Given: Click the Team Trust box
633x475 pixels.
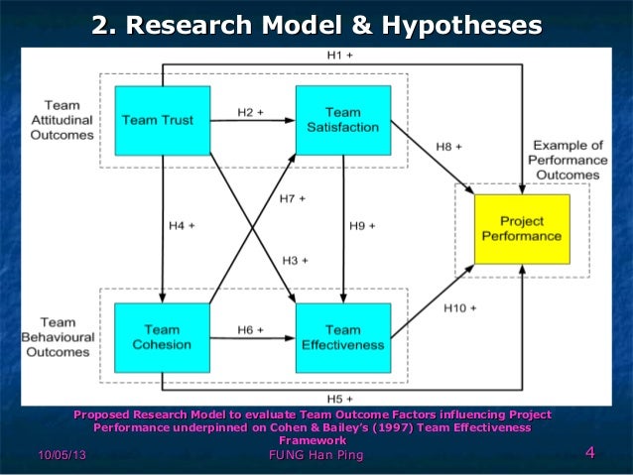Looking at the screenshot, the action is pos(163,120).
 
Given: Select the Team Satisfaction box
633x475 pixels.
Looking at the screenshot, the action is pos(342,120).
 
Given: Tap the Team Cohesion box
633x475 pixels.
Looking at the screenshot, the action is pos(163,337).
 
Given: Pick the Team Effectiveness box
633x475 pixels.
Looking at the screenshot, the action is pos(342,337).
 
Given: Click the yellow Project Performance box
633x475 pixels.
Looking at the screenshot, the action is pos(522,229).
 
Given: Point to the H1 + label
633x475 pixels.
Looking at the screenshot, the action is pos(341,57).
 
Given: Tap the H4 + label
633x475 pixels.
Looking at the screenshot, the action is pos(180,225).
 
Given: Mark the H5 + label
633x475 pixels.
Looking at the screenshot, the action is pos(341,398).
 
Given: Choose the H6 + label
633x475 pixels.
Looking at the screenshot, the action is pos(250,328).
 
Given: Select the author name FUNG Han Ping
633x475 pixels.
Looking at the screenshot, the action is pos(316,455).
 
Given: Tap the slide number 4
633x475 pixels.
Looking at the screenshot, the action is pos(589,454).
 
